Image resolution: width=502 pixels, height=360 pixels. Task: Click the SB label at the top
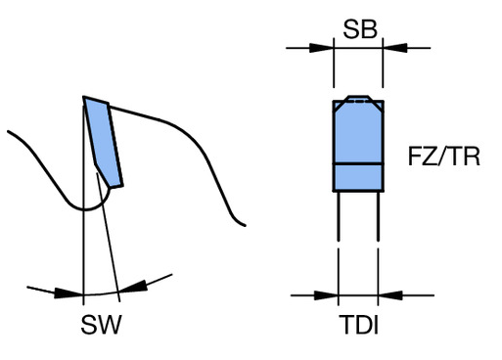coord(360,29)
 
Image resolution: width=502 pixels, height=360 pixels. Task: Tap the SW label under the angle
coord(101,325)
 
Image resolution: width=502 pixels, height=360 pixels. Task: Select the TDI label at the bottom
coord(359,325)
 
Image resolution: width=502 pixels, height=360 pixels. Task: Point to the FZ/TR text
coord(444,157)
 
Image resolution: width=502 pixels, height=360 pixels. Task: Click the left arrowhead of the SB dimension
coord(321,48)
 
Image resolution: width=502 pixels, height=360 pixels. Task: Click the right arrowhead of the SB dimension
coord(395,48)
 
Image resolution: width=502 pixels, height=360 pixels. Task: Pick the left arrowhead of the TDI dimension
coord(326,295)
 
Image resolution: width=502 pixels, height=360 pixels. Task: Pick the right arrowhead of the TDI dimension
coord(390,295)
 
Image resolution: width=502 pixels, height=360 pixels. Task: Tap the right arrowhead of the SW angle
coord(133,286)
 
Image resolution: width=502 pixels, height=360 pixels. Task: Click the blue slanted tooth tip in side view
coord(104,142)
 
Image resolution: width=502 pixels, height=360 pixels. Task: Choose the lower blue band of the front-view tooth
coord(358,177)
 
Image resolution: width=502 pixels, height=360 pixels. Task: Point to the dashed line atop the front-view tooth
coord(359,102)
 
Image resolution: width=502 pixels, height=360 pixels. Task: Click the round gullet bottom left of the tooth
coord(85,209)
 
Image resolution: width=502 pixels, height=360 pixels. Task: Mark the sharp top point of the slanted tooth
coord(83,97)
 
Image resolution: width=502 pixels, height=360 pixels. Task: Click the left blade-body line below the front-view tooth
coord(339,216)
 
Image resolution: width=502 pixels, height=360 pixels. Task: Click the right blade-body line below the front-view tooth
coord(378,216)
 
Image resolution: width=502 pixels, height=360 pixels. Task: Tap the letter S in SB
coord(351,29)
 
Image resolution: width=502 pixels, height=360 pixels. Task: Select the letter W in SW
coord(111,325)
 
